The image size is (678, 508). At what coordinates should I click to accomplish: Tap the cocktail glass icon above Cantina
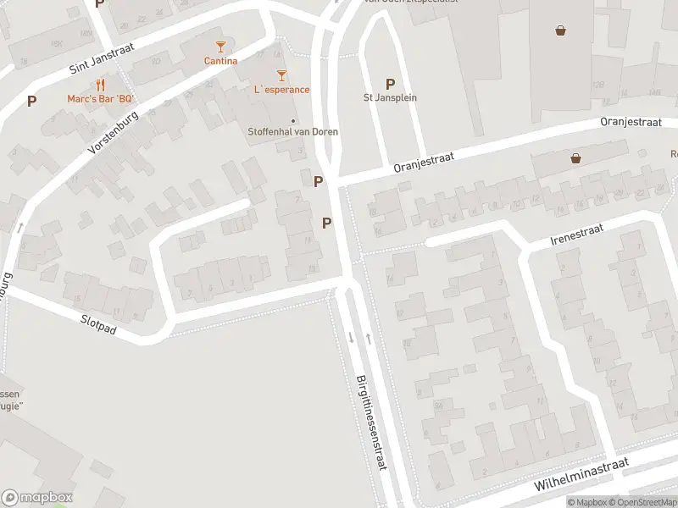(x=220, y=47)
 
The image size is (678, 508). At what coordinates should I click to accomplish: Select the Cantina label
(x=220, y=61)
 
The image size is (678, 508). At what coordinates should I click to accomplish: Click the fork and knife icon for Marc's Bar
(x=101, y=84)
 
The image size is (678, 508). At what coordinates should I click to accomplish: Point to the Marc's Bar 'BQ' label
(x=101, y=98)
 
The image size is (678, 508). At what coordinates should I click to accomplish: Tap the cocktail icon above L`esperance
(x=281, y=75)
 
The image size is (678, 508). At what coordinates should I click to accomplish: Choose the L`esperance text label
(x=281, y=90)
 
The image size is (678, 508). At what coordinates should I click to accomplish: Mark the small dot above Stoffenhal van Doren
(x=293, y=120)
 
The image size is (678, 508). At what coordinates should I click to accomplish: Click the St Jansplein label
(x=390, y=97)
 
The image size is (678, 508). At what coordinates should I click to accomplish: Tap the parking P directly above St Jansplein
(x=390, y=84)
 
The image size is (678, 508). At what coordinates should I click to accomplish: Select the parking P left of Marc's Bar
(x=31, y=101)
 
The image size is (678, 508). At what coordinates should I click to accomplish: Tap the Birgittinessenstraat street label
(x=370, y=426)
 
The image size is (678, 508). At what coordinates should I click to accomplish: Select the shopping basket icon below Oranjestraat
(x=576, y=158)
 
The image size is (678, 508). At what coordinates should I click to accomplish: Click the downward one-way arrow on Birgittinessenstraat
(x=351, y=338)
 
